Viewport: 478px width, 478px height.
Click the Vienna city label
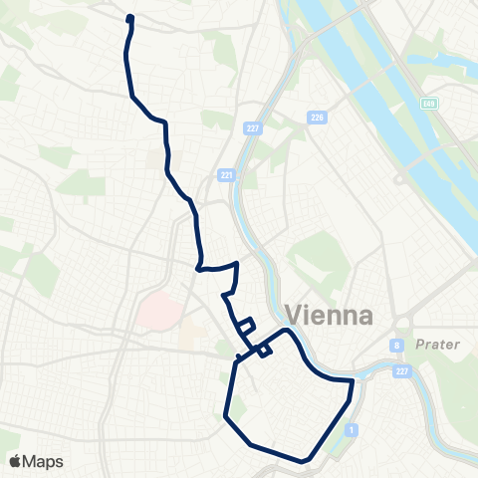(329, 315)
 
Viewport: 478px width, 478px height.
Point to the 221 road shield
(226, 175)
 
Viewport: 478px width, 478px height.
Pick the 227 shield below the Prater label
(403, 372)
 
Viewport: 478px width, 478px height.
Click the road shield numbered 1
(352, 429)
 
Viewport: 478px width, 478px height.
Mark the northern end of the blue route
(130, 17)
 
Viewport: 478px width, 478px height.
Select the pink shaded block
(158, 311)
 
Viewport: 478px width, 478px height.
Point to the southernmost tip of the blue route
(303, 461)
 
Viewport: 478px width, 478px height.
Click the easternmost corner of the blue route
(353, 380)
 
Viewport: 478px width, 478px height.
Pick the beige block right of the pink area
(192, 336)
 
